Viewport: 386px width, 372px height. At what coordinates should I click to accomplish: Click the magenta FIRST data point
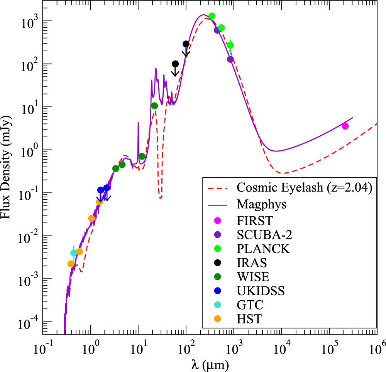pyautogui.click(x=345, y=126)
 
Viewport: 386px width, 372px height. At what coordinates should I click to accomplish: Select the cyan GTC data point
pyautogui.click(x=74, y=253)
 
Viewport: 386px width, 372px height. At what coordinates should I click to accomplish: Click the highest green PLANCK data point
pyautogui.click(x=212, y=16)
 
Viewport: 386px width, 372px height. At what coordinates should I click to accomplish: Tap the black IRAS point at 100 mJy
pyautogui.click(x=175, y=64)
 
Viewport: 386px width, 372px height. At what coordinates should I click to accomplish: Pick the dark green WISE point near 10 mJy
pyautogui.click(x=154, y=106)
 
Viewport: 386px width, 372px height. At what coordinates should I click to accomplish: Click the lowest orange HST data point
pyautogui.click(x=71, y=264)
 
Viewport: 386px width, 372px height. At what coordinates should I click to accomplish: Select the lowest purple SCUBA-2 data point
pyautogui.click(x=230, y=59)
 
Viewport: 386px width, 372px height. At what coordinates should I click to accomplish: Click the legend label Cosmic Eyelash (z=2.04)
pyautogui.click(x=304, y=188)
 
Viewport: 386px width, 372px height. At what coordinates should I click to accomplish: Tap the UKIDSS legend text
pyautogui.click(x=261, y=291)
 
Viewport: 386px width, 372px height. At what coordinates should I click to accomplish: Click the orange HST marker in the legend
pyautogui.click(x=217, y=318)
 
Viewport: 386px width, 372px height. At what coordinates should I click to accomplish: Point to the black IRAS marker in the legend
pyautogui.click(x=217, y=263)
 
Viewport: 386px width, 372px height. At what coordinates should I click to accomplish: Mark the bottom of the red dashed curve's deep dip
pyautogui.click(x=160, y=197)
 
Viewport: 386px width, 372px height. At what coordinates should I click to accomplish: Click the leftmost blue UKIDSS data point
pyautogui.click(x=101, y=190)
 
